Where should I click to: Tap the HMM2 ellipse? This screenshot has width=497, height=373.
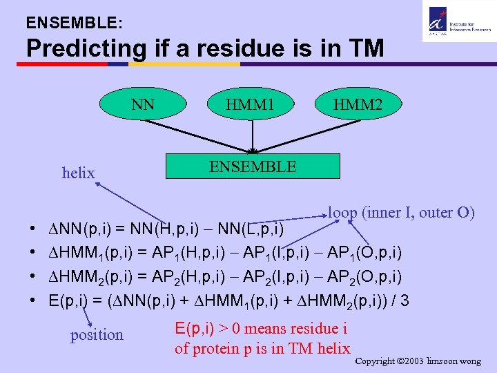(x=358, y=104)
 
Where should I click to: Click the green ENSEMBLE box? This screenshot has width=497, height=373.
(x=253, y=167)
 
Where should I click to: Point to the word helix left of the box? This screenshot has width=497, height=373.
(x=78, y=173)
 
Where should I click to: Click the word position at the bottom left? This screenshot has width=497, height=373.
(x=97, y=335)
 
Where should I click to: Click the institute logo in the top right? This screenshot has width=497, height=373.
(x=456, y=21)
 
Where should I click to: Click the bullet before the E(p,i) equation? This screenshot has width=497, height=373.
(x=34, y=301)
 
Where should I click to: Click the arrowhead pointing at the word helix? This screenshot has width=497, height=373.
(x=99, y=184)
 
